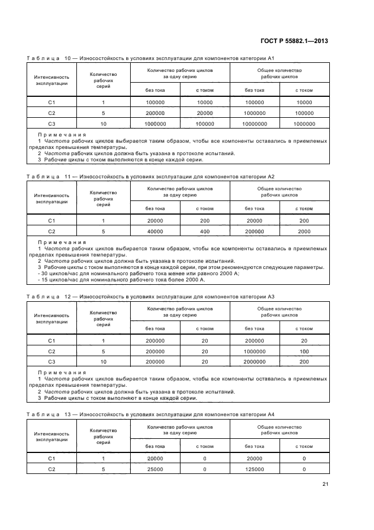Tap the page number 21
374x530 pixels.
pyautogui.click(x=325, y=484)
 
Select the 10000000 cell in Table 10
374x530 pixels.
pyautogui.click(x=255, y=123)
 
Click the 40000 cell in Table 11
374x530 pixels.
pyautogui.click(x=155, y=231)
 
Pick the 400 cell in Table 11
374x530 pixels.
pyautogui.click(x=205, y=231)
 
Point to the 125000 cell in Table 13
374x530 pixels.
pyautogui.click(x=255, y=469)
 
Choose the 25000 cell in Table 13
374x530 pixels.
pyautogui.click(x=155, y=469)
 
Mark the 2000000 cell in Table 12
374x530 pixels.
pyautogui.click(x=255, y=361)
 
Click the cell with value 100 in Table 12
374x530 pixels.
pyautogui.click(x=304, y=351)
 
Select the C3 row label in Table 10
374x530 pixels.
pyautogui.click(x=51, y=123)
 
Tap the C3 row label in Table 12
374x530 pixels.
pyautogui.click(x=51, y=361)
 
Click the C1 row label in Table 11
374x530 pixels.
pyautogui.click(x=51, y=221)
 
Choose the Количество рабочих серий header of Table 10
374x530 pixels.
pyautogui.click(x=104, y=80)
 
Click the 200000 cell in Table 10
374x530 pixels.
pyautogui.click(x=155, y=113)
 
